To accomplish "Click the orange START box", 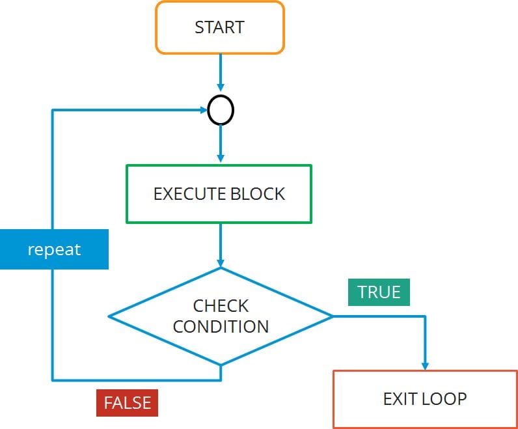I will click(219, 27).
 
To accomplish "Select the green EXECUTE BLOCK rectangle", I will click(219, 193).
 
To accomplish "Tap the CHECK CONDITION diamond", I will click(221, 316).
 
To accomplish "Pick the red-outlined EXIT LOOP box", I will click(424, 398).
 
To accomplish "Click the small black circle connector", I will click(221, 111).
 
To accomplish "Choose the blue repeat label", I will click(54, 249).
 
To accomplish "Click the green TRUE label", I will click(379, 292).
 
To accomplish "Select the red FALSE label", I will click(127, 403).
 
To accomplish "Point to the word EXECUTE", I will click(185, 193).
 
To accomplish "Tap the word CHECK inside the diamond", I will click(221, 305).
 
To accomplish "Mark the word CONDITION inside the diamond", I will click(221, 327).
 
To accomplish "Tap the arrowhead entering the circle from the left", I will click(202, 111).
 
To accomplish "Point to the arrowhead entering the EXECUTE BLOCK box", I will click(221, 159).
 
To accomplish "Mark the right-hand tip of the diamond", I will click(332, 316).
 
